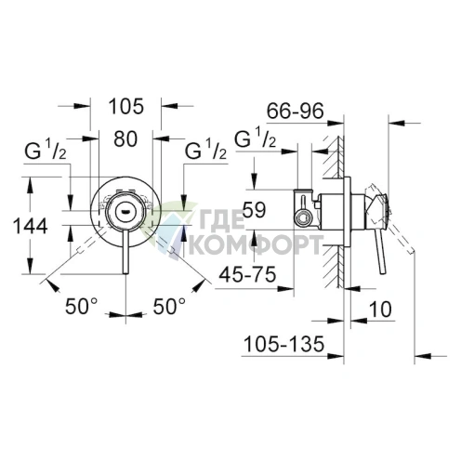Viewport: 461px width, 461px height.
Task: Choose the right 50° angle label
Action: [x=169, y=304]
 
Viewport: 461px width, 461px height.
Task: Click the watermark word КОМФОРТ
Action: [x=257, y=245]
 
